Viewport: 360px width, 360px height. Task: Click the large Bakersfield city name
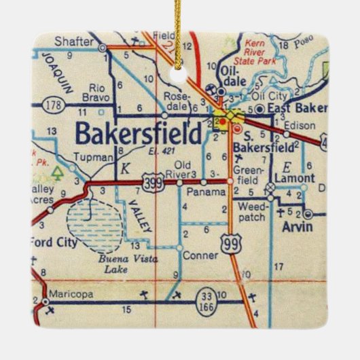tap(139, 133)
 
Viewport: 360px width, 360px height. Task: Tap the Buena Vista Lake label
tap(98, 261)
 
